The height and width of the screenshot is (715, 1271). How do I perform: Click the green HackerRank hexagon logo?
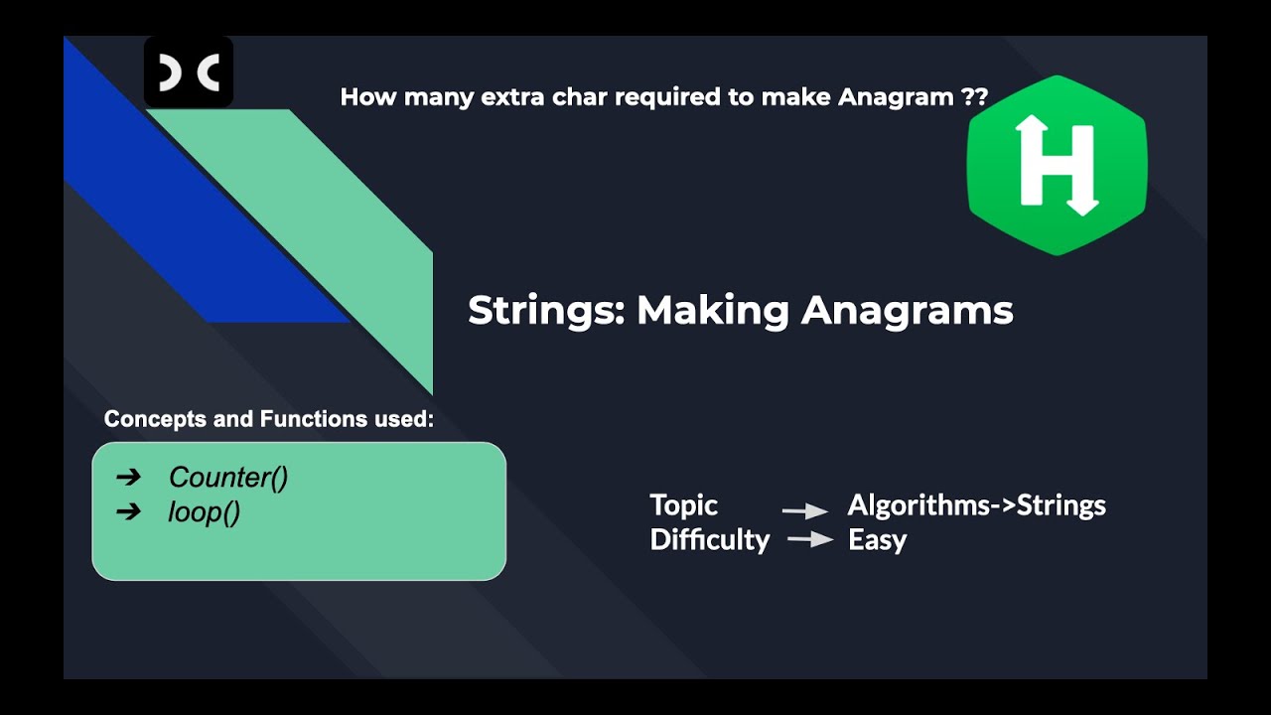pyautogui.click(x=1057, y=165)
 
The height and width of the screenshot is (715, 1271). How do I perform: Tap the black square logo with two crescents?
pyautogui.click(x=189, y=72)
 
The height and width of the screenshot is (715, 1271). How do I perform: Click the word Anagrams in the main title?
pyautogui.click(x=907, y=311)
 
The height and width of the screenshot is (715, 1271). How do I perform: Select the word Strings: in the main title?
pyautogui.click(x=546, y=311)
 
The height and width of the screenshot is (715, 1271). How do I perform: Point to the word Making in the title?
pyautogui.click(x=713, y=311)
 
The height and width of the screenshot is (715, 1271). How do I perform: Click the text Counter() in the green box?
pyautogui.click(x=228, y=478)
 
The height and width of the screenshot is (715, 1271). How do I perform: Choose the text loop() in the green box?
pyautogui.click(x=205, y=513)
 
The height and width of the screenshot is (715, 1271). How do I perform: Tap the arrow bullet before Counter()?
pyautogui.click(x=129, y=478)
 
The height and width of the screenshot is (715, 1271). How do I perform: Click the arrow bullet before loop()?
pyautogui.click(x=129, y=513)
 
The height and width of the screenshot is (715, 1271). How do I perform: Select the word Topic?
pyautogui.click(x=683, y=505)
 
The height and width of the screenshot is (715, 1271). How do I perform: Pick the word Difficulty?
pyautogui.click(x=710, y=540)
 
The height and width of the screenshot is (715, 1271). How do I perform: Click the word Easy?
pyautogui.click(x=877, y=540)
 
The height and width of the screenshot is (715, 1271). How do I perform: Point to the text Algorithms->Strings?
pyautogui.click(x=976, y=505)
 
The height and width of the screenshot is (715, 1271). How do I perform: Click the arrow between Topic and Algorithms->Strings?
pyautogui.click(x=805, y=511)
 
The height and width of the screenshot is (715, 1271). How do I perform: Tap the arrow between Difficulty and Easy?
pyautogui.click(x=810, y=540)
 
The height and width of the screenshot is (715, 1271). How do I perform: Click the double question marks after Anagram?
pyautogui.click(x=974, y=97)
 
